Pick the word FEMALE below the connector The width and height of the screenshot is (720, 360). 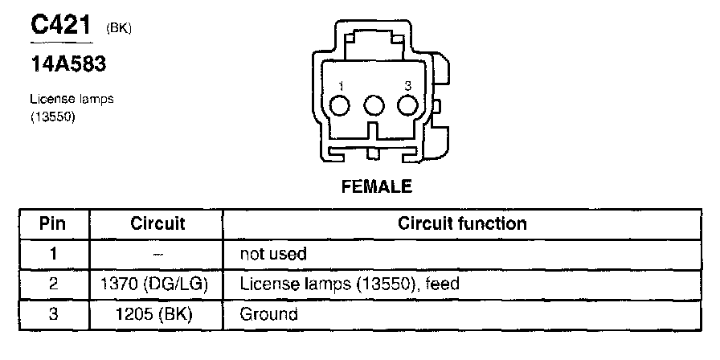(377, 187)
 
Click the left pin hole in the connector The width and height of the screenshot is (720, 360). (341, 106)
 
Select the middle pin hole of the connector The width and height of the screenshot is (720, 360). (374, 106)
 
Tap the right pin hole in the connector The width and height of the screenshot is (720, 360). (408, 106)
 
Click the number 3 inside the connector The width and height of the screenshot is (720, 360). (408, 86)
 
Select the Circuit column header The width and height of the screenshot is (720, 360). (157, 223)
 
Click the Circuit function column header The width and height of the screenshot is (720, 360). (462, 223)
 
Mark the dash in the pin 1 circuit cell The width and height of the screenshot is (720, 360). (157, 254)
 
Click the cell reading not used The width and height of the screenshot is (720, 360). (273, 254)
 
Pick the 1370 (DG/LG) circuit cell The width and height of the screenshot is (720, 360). (157, 284)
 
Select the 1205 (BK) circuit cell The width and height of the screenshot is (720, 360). (157, 314)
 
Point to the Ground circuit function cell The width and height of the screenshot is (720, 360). (268, 314)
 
